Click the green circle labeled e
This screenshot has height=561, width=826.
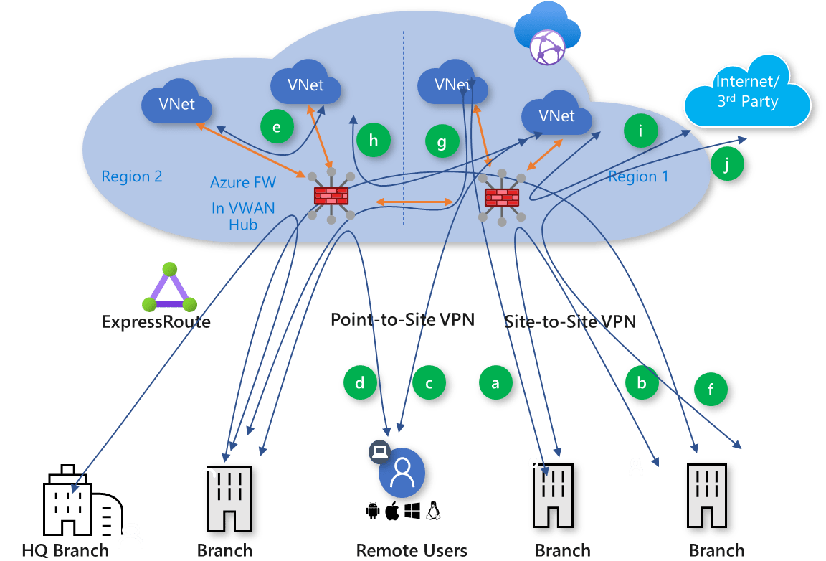point(277,126)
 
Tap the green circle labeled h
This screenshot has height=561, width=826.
point(373,141)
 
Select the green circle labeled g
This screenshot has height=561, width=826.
point(442,141)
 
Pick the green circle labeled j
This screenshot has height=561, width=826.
point(727,164)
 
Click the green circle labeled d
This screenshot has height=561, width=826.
point(360,382)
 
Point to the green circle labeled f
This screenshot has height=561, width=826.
point(711,389)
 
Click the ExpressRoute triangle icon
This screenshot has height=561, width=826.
point(170,287)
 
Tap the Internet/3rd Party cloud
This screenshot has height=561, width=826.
point(747,93)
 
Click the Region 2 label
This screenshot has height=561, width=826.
point(132,176)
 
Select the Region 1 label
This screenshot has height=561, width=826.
point(638,176)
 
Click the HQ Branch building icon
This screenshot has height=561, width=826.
point(82,500)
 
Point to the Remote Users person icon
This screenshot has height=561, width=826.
point(402,473)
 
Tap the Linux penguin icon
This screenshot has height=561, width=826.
point(434,510)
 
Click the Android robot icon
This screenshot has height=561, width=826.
point(372,511)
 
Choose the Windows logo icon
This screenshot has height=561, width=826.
point(412,510)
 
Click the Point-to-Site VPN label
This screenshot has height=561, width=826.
point(402,319)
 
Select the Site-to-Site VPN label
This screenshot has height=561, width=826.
point(570,321)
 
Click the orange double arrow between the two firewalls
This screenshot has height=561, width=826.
point(414,202)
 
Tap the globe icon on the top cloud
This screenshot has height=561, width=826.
point(547,47)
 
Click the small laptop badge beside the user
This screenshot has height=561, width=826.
point(380,452)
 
